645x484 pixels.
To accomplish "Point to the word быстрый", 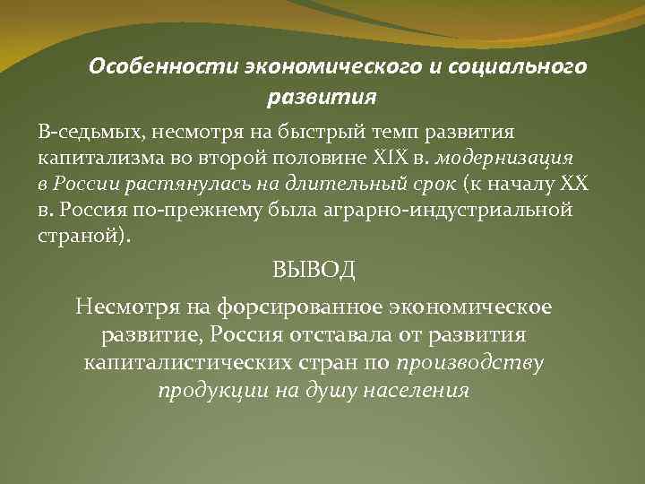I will (310, 133).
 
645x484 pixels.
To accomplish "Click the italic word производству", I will (471, 363).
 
